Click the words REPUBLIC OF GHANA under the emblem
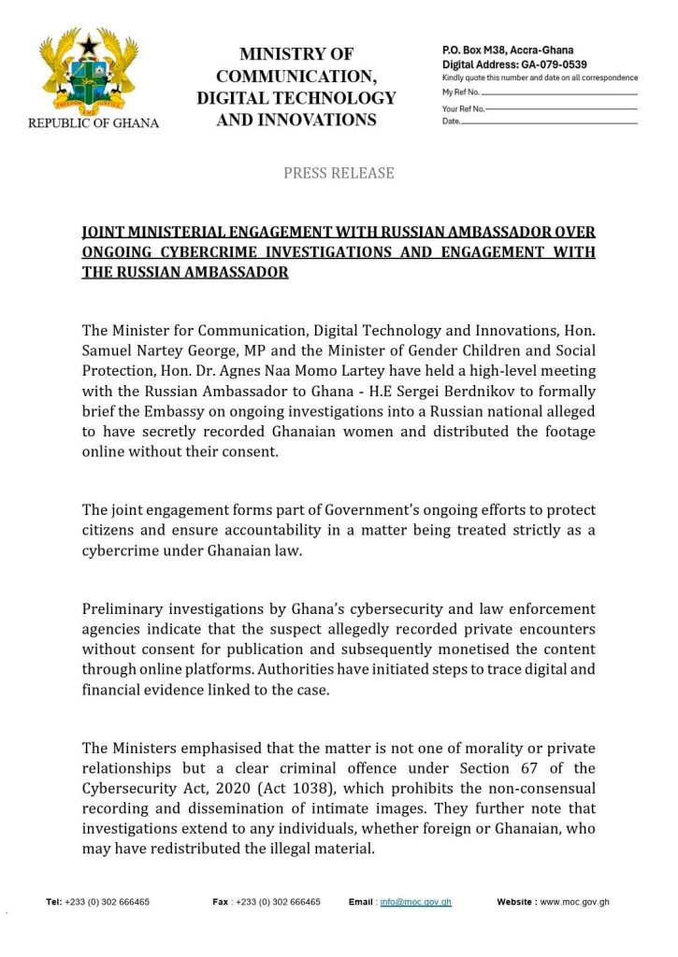pos(93,122)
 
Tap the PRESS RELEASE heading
pos(339,173)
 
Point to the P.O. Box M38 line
pos(508,50)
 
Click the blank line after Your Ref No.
pos(562,108)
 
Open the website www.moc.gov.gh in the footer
pos(575,902)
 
